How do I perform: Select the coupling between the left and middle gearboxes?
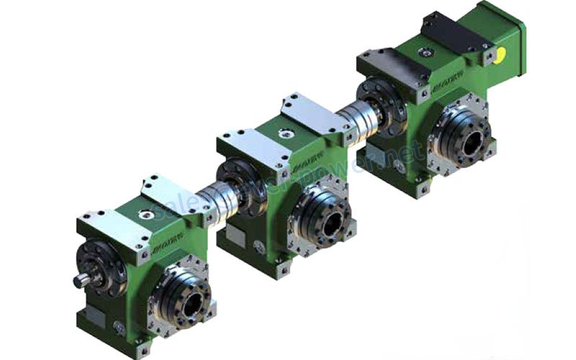pyautogui.click(x=215, y=198)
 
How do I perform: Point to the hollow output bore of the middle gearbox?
pyautogui.click(x=330, y=224)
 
